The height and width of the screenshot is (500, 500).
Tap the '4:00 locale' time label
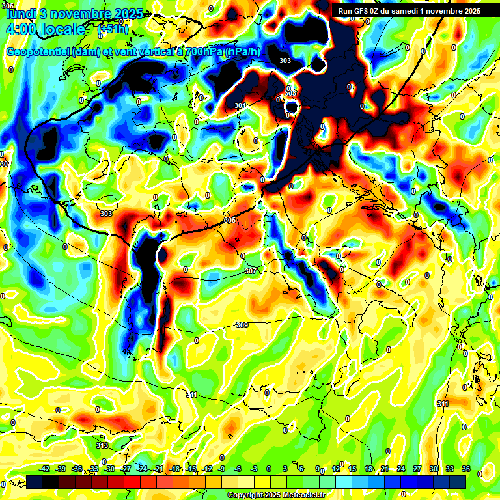pos(45,29)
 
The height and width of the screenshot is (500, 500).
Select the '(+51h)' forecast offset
pos(113,29)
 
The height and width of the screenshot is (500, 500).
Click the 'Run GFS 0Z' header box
pos(409,10)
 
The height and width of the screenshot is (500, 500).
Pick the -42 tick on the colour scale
pos(45,469)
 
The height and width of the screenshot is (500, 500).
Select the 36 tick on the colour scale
pos(466,469)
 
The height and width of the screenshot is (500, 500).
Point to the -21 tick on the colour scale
pos(158,469)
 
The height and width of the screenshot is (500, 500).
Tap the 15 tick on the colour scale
pos(352,469)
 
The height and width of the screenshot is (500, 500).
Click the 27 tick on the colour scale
pos(417,469)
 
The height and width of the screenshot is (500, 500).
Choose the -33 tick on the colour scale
pos(93,469)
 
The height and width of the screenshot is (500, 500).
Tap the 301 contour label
pos(240,105)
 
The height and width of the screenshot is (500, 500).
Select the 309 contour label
pos(242,325)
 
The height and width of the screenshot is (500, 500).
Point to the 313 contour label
pos(102,445)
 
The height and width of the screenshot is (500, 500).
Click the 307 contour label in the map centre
pos(251,271)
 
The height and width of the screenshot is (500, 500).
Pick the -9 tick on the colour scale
pos(222,469)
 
